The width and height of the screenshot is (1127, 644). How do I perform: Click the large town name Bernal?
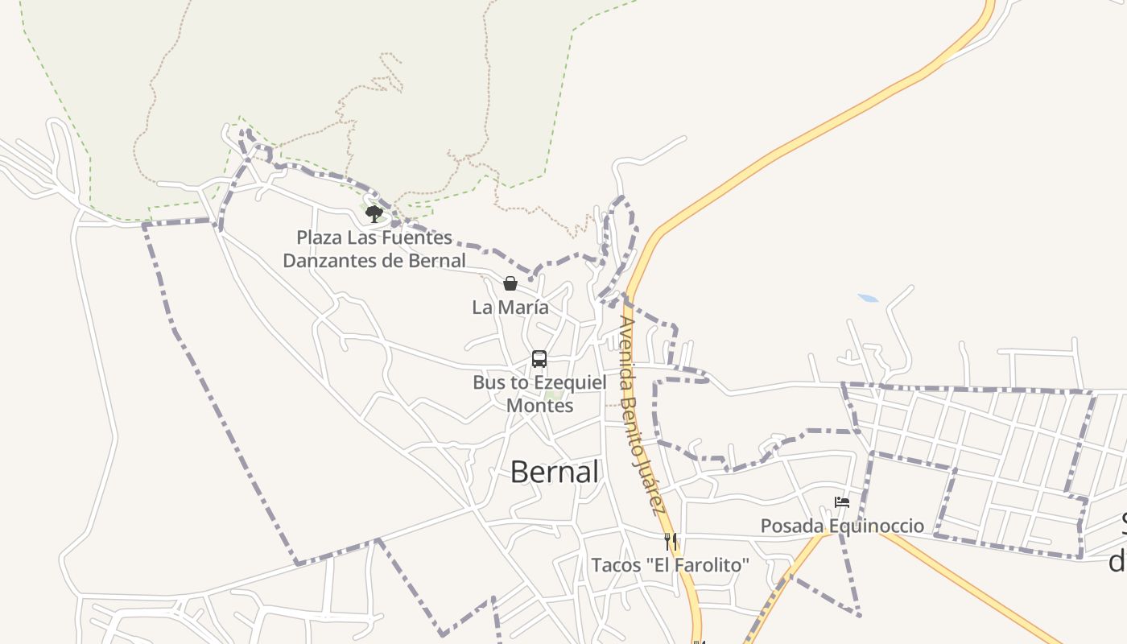pyautogui.click(x=555, y=473)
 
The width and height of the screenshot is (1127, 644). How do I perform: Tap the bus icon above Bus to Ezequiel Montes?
pyautogui.click(x=539, y=359)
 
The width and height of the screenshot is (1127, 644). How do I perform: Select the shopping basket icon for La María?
pyautogui.click(x=510, y=283)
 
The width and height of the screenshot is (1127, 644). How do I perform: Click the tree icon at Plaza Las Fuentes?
pyautogui.click(x=374, y=213)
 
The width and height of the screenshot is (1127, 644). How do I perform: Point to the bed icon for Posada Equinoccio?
pyautogui.click(x=842, y=502)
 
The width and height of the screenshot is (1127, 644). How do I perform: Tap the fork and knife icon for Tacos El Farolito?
pyautogui.click(x=671, y=541)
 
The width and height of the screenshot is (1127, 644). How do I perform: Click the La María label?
pyautogui.click(x=510, y=307)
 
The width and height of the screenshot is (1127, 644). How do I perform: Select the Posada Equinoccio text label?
pyautogui.click(x=842, y=526)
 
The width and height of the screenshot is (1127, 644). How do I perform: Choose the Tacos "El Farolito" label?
pyautogui.click(x=671, y=565)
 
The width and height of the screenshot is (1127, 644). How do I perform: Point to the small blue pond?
pyautogui.click(x=868, y=299)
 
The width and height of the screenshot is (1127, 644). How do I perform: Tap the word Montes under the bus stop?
pyautogui.click(x=539, y=405)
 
